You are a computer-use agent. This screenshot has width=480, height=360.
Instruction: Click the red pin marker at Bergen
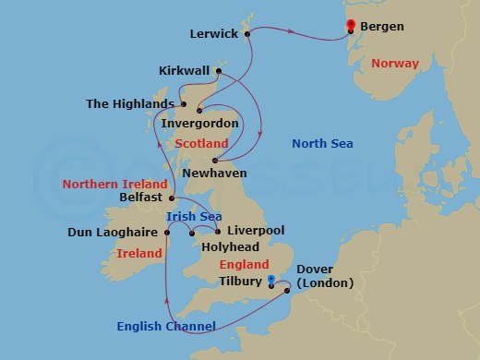point(351,25)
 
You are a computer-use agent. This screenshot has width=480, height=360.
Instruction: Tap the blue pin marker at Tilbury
point(270,279)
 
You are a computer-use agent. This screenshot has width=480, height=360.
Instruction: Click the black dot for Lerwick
point(248,34)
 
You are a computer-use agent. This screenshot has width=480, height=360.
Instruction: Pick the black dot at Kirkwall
point(219,71)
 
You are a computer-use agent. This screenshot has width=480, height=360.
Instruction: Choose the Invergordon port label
point(200,124)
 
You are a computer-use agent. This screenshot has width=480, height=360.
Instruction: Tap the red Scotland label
point(200,144)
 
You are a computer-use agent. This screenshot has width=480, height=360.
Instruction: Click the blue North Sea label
point(322,143)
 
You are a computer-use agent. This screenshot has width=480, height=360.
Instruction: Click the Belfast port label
point(141,198)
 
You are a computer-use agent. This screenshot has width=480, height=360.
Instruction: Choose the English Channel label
point(167,326)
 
